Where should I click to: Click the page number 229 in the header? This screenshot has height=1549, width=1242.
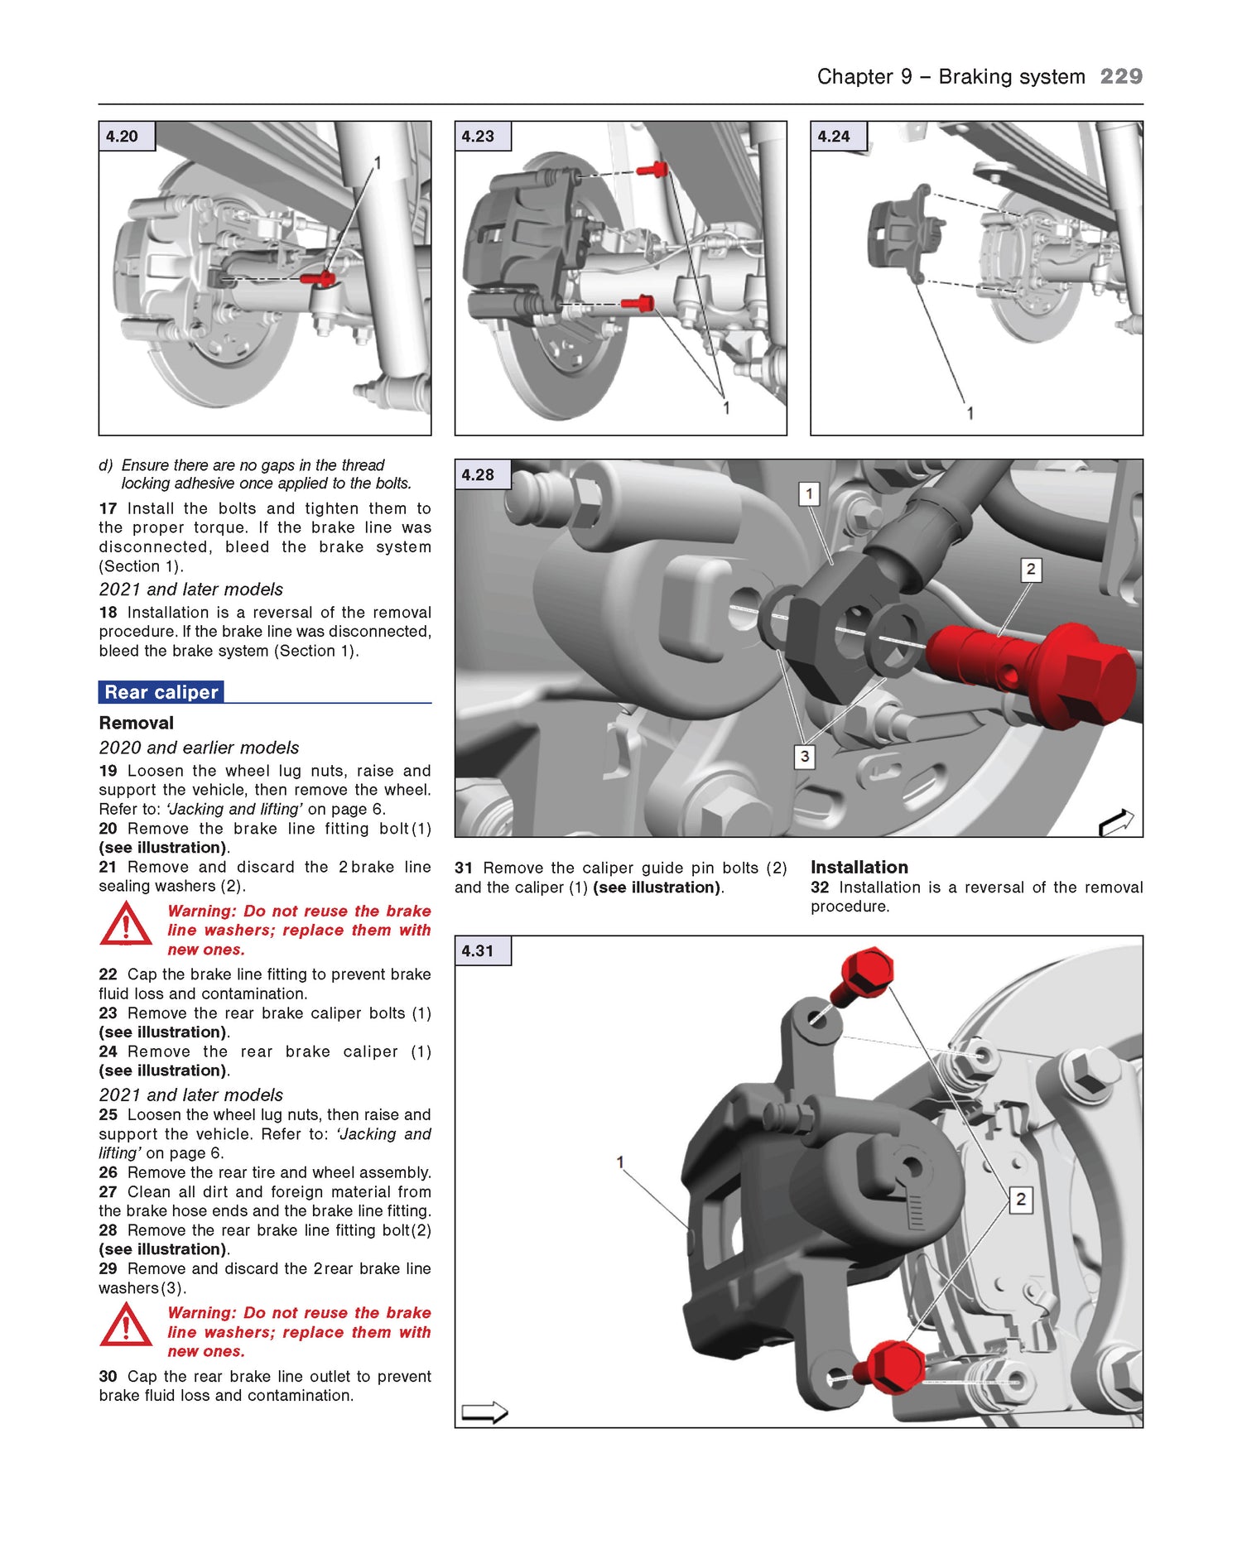point(1121,76)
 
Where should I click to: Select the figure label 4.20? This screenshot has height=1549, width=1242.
point(123,137)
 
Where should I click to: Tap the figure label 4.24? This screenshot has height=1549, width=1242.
point(834,137)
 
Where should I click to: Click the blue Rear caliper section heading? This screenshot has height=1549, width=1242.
point(161,692)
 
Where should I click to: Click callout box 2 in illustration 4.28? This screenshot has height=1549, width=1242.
point(1030,570)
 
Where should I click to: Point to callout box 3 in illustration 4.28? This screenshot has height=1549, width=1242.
point(804,756)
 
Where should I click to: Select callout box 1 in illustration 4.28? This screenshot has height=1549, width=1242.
point(809,494)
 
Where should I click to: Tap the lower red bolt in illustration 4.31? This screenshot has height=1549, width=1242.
point(889,1367)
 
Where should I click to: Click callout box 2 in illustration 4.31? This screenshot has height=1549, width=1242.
point(1020,1199)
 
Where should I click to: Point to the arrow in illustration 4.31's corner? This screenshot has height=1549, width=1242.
point(484,1412)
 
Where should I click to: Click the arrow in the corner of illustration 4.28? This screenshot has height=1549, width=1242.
point(1115,822)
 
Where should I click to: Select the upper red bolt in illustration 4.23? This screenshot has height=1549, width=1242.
point(653,171)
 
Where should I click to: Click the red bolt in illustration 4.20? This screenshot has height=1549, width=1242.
point(318,279)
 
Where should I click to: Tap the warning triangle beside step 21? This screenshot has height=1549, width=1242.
point(125,925)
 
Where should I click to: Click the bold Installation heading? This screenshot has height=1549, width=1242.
point(859,867)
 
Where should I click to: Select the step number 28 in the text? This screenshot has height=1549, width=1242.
point(108,1230)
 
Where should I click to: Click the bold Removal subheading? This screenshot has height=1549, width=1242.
point(136,723)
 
